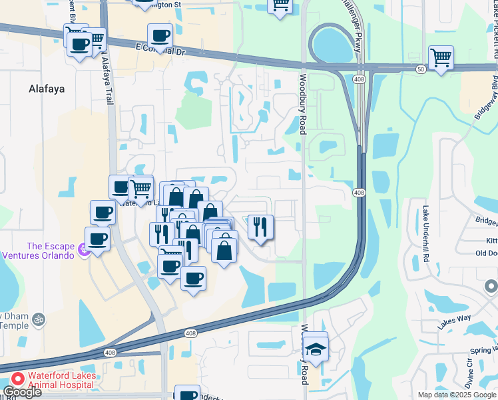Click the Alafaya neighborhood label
[x=47, y=88]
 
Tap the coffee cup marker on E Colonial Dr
[x=159, y=36]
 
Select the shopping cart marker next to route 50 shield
[x=441, y=58]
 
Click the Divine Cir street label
[x=469, y=377]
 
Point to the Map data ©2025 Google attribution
[x=456, y=395]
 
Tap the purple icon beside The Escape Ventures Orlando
[x=83, y=249]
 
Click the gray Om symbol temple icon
[x=38, y=319]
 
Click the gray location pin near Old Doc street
[x=491, y=286]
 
